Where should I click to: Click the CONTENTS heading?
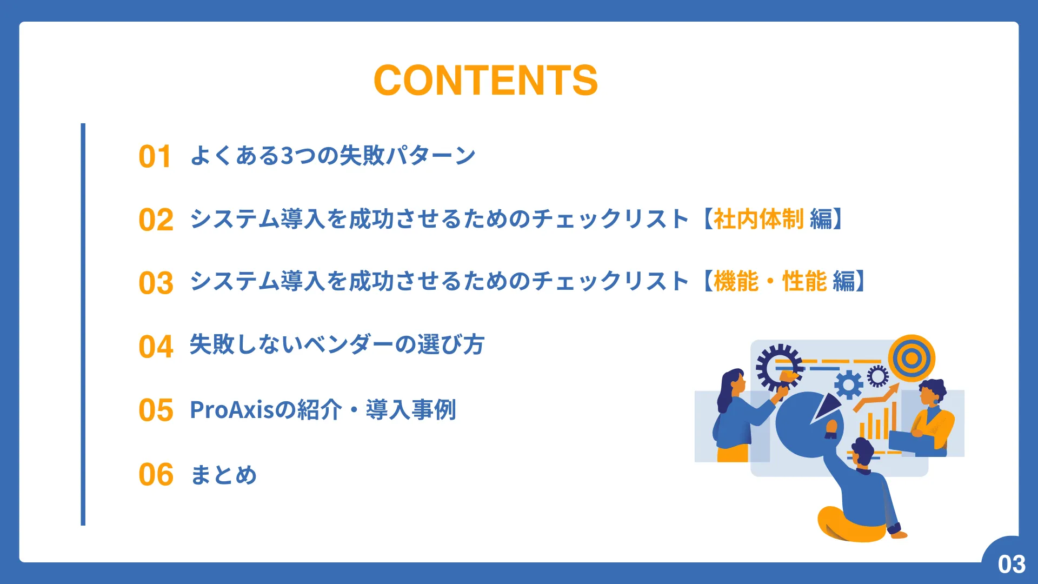pyautogui.click(x=485, y=81)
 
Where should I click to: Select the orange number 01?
pyautogui.click(x=155, y=157)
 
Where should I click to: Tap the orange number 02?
pyautogui.click(x=156, y=220)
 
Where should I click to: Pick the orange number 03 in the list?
pyautogui.click(x=156, y=283)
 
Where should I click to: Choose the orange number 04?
pyautogui.click(x=156, y=347)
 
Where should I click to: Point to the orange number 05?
pyautogui.click(x=156, y=410)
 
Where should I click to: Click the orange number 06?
pyautogui.click(x=156, y=475)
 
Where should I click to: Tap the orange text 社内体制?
pyautogui.click(x=758, y=219)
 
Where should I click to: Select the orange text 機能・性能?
pyautogui.click(x=770, y=281)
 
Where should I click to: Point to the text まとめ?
pyautogui.click(x=223, y=475)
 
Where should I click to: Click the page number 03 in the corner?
pyautogui.click(x=1012, y=565)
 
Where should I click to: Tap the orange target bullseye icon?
pyautogui.click(x=912, y=358)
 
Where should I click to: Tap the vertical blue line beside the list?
pyautogui.click(x=83, y=324)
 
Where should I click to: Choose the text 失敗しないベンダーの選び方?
pyautogui.click(x=337, y=345)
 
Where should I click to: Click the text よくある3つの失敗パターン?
pyautogui.click(x=332, y=156)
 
